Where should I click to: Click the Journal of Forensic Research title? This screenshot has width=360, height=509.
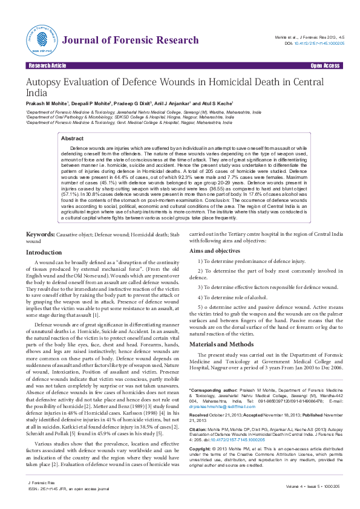pos(129,41)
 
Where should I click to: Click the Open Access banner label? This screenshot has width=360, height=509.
pos(325,65)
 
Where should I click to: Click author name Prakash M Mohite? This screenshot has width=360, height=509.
pos(47,104)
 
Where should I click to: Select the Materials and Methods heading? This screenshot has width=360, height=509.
pos(221,343)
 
